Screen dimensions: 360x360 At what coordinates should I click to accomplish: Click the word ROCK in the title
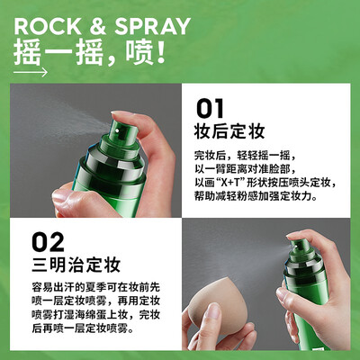click(48, 26)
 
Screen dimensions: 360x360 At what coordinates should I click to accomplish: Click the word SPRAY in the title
click(152, 26)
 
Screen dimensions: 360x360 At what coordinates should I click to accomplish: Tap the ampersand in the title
click(98, 26)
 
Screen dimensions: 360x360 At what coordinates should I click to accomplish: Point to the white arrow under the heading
click(31, 72)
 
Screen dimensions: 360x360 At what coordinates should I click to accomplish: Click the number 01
click(210, 108)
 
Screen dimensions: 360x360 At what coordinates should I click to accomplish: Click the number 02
click(48, 242)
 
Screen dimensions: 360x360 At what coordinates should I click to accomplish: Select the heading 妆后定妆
click(229, 131)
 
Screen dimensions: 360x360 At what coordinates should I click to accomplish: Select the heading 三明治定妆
click(76, 265)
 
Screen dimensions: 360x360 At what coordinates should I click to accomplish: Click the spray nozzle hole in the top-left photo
click(117, 130)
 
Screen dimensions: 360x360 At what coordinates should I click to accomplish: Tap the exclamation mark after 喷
click(161, 52)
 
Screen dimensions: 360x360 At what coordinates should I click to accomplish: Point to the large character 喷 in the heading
click(139, 53)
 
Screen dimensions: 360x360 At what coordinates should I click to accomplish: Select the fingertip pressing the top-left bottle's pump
click(122, 116)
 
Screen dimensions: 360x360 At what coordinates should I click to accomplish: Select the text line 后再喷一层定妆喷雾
click(83, 328)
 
